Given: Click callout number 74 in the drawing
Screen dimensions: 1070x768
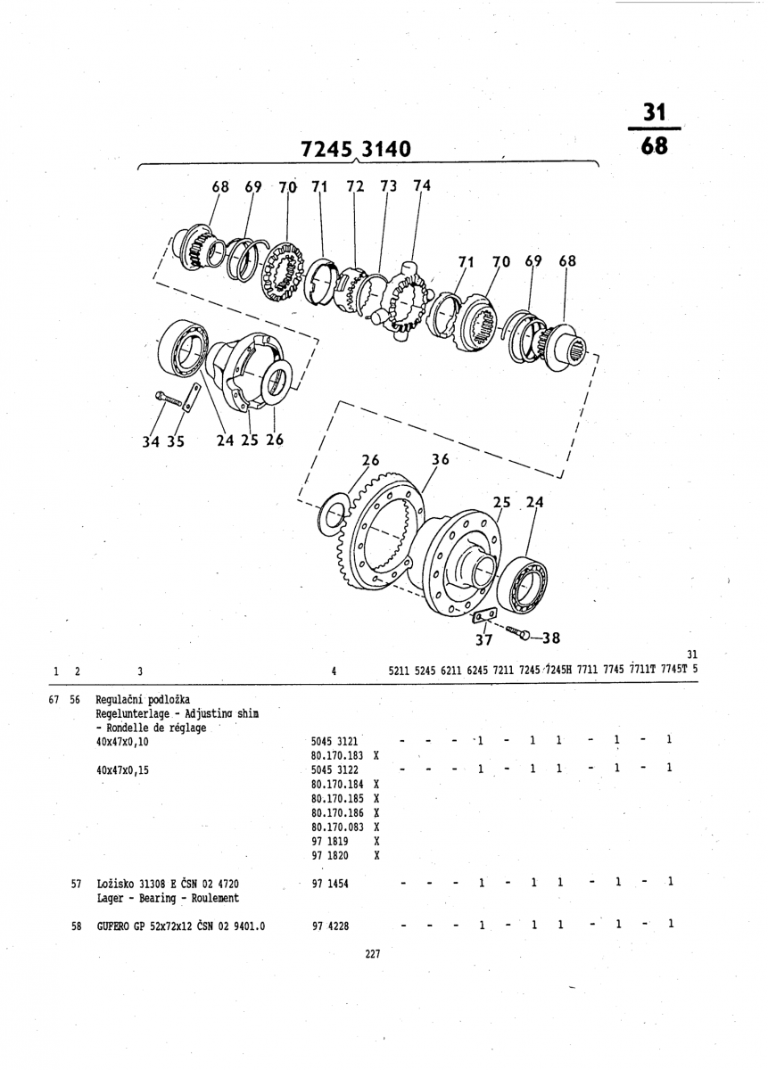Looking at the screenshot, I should tap(422, 185).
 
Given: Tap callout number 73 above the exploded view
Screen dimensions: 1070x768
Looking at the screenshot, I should tap(388, 186).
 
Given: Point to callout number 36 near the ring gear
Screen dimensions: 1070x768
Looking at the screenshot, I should tap(440, 460).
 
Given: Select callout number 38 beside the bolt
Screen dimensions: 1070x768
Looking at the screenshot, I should tap(550, 638).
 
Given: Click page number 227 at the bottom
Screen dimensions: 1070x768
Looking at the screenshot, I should tap(373, 954).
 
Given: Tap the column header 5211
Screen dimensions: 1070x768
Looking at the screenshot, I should tap(400, 671).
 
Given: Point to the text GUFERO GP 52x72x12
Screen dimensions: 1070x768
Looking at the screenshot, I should tap(155, 926).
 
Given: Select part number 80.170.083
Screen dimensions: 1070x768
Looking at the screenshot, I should tap(336, 827).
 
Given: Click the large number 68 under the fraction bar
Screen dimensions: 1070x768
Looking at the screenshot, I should tap(654, 145).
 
